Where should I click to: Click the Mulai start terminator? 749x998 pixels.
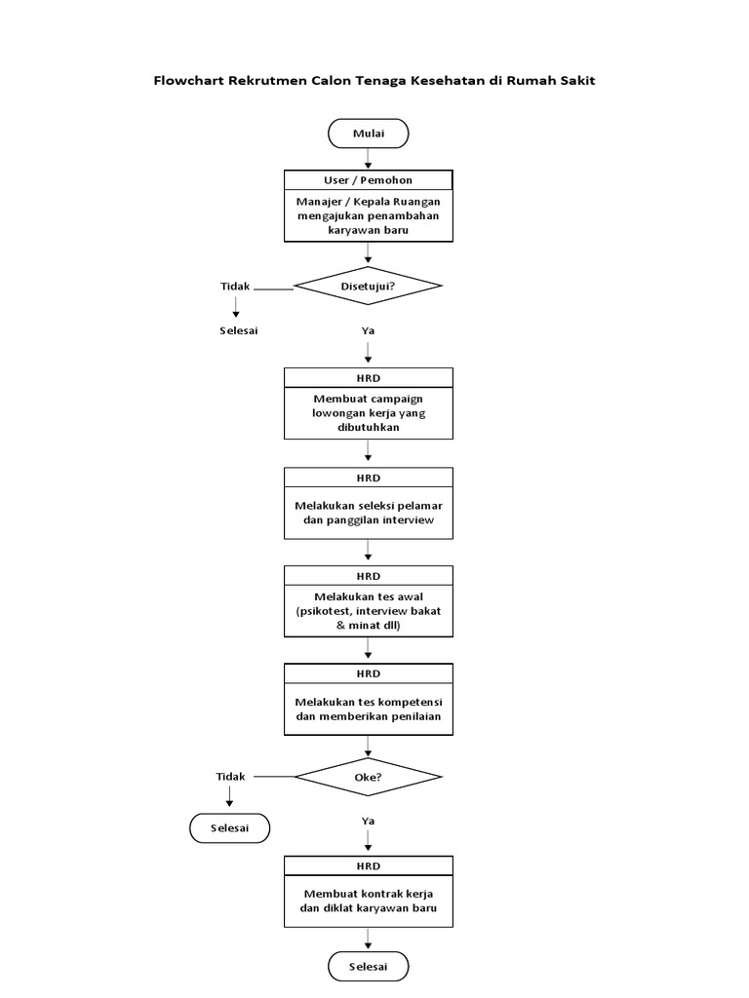point(368,134)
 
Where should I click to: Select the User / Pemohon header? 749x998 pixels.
point(368,180)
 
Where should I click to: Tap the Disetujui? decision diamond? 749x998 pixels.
point(368,287)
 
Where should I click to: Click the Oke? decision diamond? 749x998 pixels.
point(368,777)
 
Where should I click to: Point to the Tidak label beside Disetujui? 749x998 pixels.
point(235,287)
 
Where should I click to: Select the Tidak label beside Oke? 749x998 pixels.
point(231,776)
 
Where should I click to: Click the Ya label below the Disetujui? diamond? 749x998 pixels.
point(369,330)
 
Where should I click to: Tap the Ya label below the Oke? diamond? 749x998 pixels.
point(369,821)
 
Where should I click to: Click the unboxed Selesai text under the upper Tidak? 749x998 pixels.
point(238,330)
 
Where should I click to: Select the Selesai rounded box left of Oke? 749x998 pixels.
point(229,828)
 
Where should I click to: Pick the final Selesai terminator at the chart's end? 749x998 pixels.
point(368,967)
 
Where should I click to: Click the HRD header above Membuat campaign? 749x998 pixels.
point(368,377)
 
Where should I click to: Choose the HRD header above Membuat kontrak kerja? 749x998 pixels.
point(368,865)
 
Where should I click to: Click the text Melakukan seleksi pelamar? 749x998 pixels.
point(368,505)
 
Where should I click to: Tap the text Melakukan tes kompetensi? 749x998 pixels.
point(368,701)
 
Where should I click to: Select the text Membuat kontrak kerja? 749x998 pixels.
point(368,894)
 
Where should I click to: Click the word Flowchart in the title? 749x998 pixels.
point(188,81)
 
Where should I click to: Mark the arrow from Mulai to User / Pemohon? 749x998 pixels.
point(368,159)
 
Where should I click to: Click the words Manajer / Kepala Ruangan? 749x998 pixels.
point(368,202)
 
